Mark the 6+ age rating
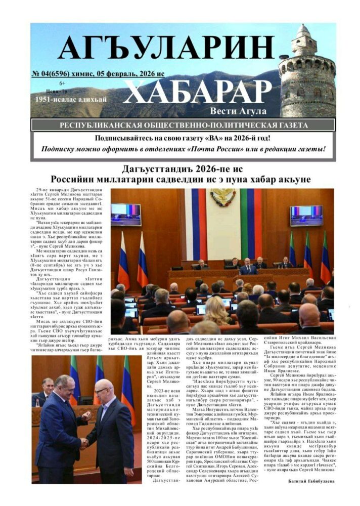62,82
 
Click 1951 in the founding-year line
38,100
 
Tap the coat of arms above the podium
223,197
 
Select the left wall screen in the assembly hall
126,214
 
